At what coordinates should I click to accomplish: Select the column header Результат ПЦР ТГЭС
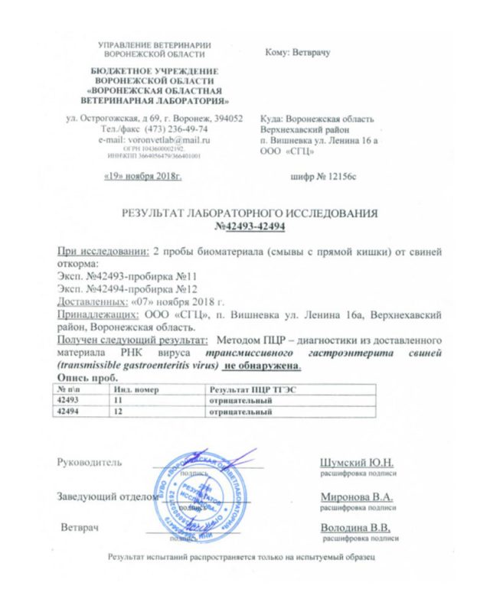tap(244, 389)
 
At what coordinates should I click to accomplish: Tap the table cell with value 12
tap(119, 412)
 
